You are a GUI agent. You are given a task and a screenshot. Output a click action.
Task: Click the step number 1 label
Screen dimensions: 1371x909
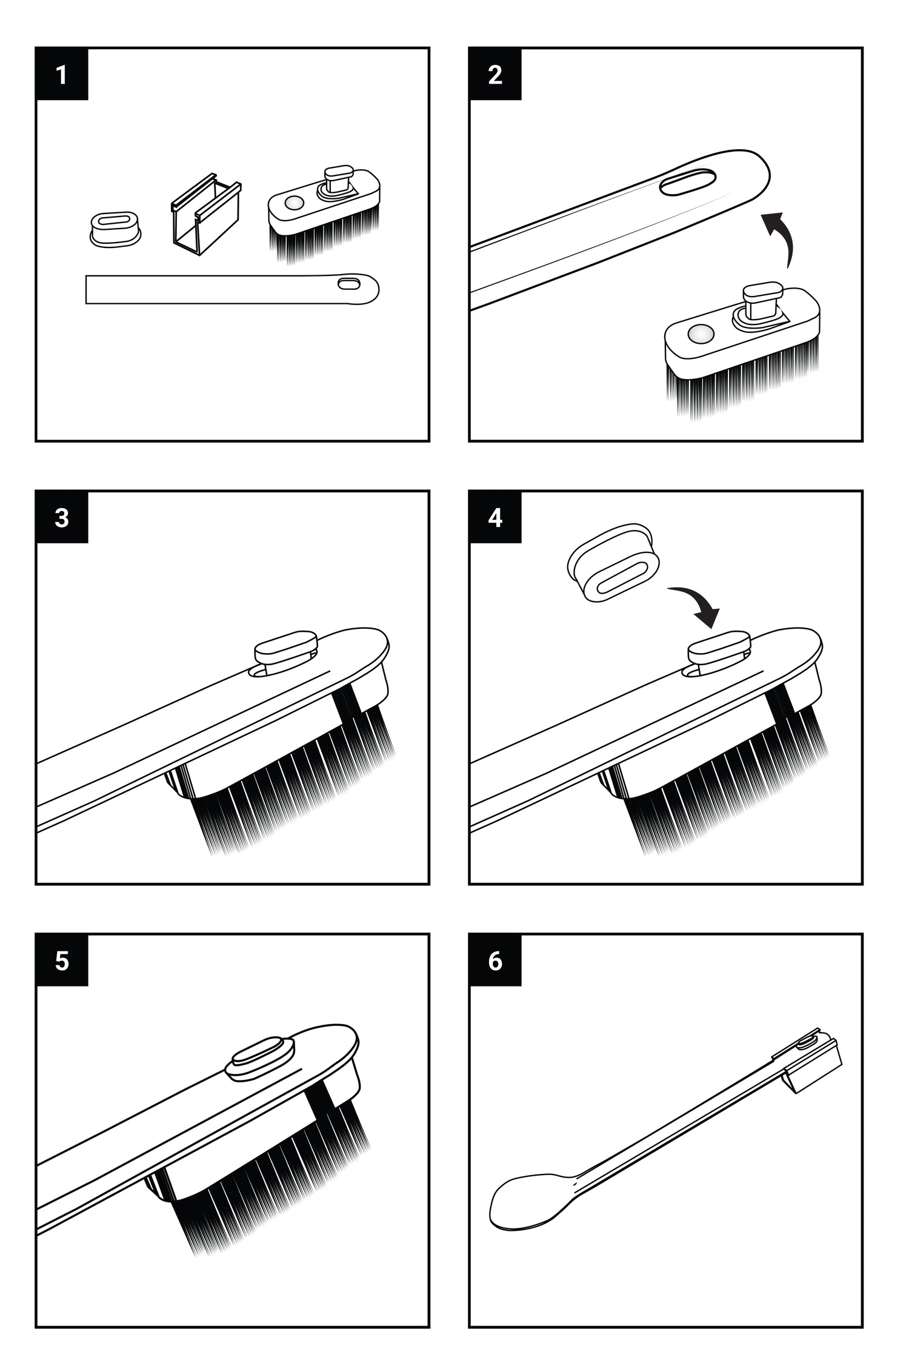coord(62,75)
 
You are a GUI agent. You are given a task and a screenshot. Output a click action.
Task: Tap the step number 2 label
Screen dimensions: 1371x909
coord(495,75)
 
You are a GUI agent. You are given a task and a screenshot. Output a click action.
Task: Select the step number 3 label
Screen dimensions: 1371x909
coord(62,518)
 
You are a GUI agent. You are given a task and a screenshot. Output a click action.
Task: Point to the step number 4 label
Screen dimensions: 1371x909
coord(495,518)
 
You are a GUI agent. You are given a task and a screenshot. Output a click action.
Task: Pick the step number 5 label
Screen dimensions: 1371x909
coord(62,961)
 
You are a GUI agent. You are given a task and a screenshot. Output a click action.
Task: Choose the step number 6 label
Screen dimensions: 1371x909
coord(495,961)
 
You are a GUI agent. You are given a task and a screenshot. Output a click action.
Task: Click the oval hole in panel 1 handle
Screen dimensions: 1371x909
coord(348,283)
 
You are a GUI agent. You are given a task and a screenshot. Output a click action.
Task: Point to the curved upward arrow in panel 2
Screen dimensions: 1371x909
coord(782,236)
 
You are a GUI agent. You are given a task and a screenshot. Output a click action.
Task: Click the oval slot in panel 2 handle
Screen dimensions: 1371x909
coord(688,183)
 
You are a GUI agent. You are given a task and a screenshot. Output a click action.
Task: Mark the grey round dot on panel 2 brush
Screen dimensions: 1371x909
coord(701,333)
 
